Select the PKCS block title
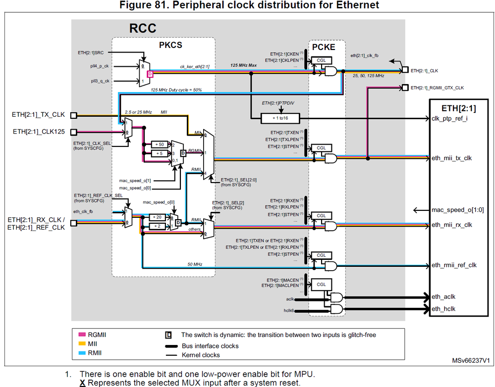171,45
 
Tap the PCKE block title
324,47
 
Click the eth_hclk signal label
443,309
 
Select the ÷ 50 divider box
159,144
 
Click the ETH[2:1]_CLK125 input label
38,132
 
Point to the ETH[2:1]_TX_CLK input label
38,115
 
